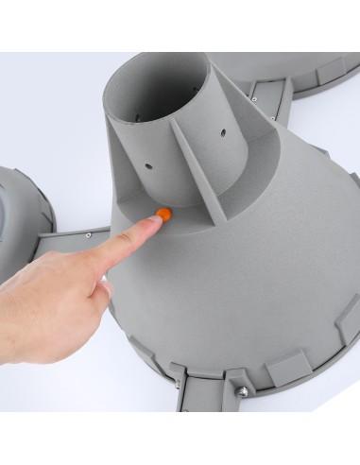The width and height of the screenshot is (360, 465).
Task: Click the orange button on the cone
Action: click(164, 214)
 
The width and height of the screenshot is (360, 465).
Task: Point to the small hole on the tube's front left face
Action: click(148, 171)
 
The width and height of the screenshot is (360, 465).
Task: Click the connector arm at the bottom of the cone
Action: click(208, 397)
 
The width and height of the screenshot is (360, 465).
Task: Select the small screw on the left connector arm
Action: click(87, 233)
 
